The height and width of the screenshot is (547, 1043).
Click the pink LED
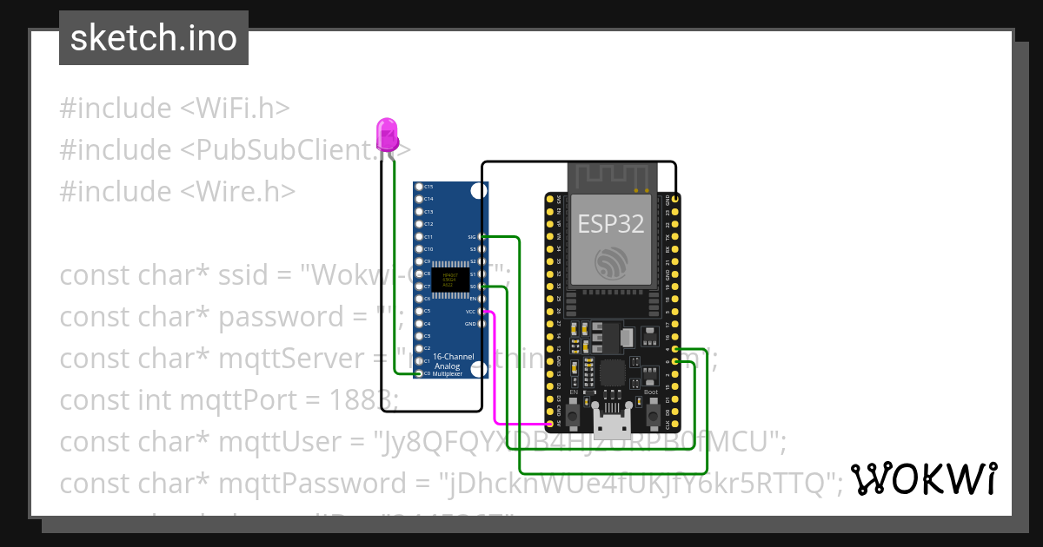click(388, 135)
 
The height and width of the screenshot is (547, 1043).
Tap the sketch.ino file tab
click(154, 38)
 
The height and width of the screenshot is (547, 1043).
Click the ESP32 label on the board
click(612, 223)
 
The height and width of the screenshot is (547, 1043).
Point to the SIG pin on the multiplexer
click(480, 236)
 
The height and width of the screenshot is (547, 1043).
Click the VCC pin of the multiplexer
click(480, 311)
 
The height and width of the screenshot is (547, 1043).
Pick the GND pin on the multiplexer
click(480, 323)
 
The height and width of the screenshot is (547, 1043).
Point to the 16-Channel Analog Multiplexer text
click(448, 367)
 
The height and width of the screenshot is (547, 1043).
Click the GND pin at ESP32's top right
click(675, 199)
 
